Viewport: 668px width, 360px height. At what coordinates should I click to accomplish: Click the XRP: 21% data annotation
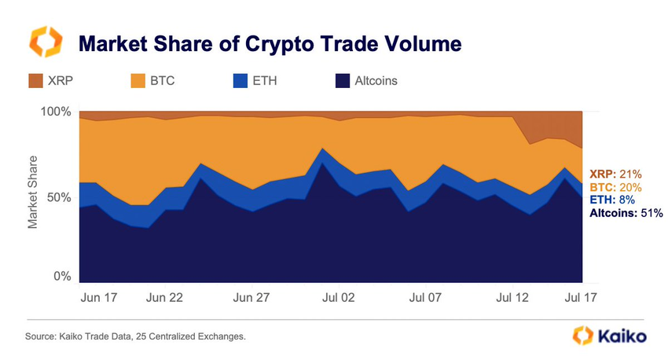click(615, 174)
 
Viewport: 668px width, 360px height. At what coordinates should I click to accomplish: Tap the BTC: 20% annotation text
click(615, 187)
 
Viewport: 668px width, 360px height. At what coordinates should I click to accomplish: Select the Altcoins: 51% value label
click(626, 212)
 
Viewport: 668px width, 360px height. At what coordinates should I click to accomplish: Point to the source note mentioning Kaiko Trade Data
click(135, 336)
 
